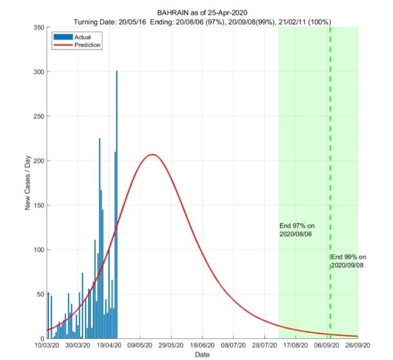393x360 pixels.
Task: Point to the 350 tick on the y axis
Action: click(38, 27)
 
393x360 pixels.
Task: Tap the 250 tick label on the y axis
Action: click(38, 116)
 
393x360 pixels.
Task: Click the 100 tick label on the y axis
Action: click(38, 249)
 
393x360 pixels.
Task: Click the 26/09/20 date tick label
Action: click(358, 346)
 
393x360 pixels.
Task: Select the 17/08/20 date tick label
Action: click(295, 346)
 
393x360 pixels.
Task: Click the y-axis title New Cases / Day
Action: click(28, 183)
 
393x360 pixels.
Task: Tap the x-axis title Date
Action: click(203, 355)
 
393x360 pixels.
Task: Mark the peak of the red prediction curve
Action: click(152, 154)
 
